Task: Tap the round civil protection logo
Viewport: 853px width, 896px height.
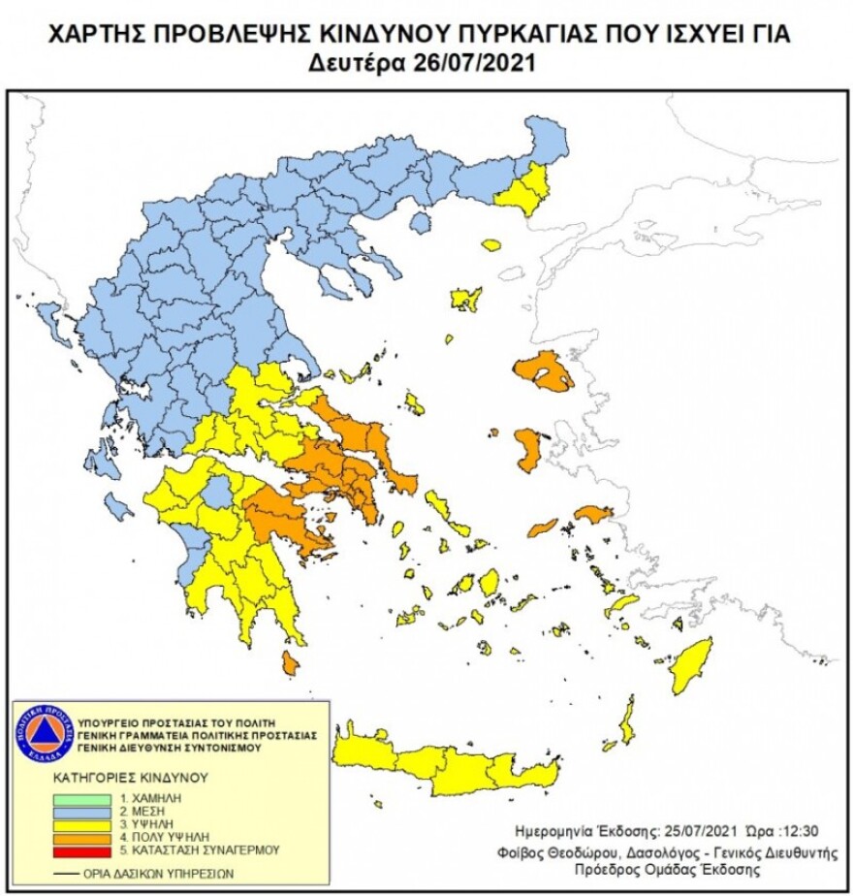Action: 45,733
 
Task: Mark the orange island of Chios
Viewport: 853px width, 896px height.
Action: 529,448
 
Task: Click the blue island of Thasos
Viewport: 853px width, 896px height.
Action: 420,223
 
